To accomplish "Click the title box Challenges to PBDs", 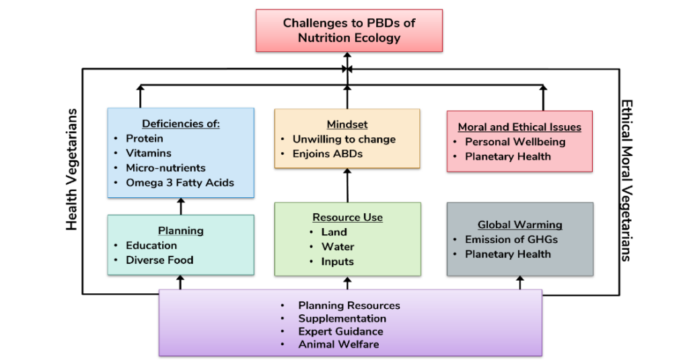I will [x=349, y=30].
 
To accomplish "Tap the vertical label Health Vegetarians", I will [x=73, y=169].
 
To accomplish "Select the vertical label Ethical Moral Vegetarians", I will [x=626, y=181].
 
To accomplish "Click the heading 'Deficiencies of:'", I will [x=181, y=124].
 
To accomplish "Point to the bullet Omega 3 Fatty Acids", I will [x=180, y=182].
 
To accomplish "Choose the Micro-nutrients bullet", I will [x=166, y=168].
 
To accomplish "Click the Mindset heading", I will [x=347, y=124].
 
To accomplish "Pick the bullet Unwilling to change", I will [x=344, y=139].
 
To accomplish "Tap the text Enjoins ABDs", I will [x=328, y=154].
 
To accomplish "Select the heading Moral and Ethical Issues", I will [x=519, y=127].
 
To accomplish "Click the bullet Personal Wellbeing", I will [x=515, y=141].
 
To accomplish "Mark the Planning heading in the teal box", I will [x=181, y=231].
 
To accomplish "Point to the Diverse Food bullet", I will [x=159, y=260].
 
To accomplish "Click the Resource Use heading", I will [x=347, y=217].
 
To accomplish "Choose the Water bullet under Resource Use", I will [x=338, y=246].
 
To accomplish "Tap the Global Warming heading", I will [x=520, y=225].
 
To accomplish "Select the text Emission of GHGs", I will [x=511, y=240].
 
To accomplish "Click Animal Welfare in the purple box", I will [x=338, y=345].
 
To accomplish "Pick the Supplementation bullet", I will [x=342, y=318].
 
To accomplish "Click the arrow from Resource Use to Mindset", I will [x=347, y=186].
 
